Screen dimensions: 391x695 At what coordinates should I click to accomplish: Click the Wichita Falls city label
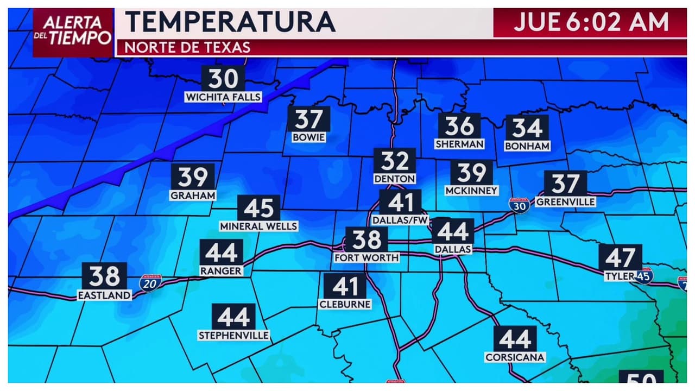pyautogui.click(x=223, y=97)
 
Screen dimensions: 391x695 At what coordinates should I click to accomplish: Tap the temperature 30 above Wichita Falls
pyautogui.click(x=223, y=79)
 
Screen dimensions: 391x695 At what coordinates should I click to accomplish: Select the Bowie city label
pyautogui.click(x=308, y=137)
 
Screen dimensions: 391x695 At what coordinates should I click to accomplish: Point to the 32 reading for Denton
pyautogui.click(x=394, y=161)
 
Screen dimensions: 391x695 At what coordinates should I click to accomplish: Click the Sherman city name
pyautogui.click(x=459, y=144)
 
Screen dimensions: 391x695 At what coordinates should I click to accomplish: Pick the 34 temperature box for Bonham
pyautogui.click(x=527, y=128)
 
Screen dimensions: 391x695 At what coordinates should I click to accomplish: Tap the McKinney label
pyautogui.click(x=471, y=191)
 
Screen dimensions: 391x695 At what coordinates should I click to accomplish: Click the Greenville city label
pyautogui.click(x=565, y=202)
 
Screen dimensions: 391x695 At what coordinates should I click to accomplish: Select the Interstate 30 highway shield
pyautogui.click(x=520, y=205)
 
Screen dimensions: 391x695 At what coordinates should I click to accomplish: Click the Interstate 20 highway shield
pyautogui.click(x=150, y=283)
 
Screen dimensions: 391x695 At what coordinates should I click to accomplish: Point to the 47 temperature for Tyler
pyautogui.click(x=620, y=257)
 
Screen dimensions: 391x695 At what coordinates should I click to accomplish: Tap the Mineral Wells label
pyautogui.click(x=258, y=226)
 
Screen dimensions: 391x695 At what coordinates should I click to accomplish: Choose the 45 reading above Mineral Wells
pyautogui.click(x=258, y=208)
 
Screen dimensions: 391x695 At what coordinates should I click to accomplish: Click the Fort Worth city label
pyautogui.click(x=367, y=257)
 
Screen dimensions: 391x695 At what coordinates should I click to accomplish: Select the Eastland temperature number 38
pyautogui.click(x=105, y=276)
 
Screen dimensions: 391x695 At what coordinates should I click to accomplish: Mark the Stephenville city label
pyautogui.click(x=233, y=336)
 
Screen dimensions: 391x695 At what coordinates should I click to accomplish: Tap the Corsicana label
pyautogui.click(x=515, y=357)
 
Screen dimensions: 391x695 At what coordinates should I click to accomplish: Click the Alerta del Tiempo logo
pyautogui.click(x=73, y=31)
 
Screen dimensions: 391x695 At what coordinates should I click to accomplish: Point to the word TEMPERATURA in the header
pyautogui.click(x=230, y=22)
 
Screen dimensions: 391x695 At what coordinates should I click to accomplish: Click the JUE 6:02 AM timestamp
pyautogui.click(x=591, y=22)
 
